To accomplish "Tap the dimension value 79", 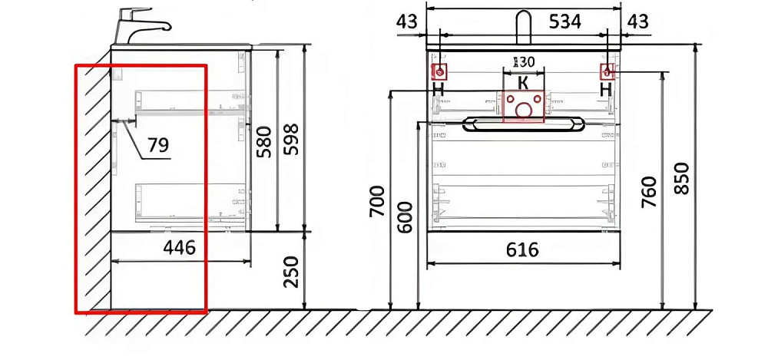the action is pyautogui.click(x=157, y=144).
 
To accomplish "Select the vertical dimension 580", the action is pyautogui.click(x=264, y=141).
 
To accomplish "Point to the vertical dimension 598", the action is pyautogui.click(x=291, y=139).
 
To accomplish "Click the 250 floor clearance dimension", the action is pyautogui.click(x=291, y=272).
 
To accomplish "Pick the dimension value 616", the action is pyautogui.click(x=522, y=249).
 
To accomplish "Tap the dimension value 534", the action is pyautogui.click(x=564, y=21).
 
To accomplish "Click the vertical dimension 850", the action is pyautogui.click(x=682, y=178).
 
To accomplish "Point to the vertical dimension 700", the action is pyautogui.click(x=377, y=201).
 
